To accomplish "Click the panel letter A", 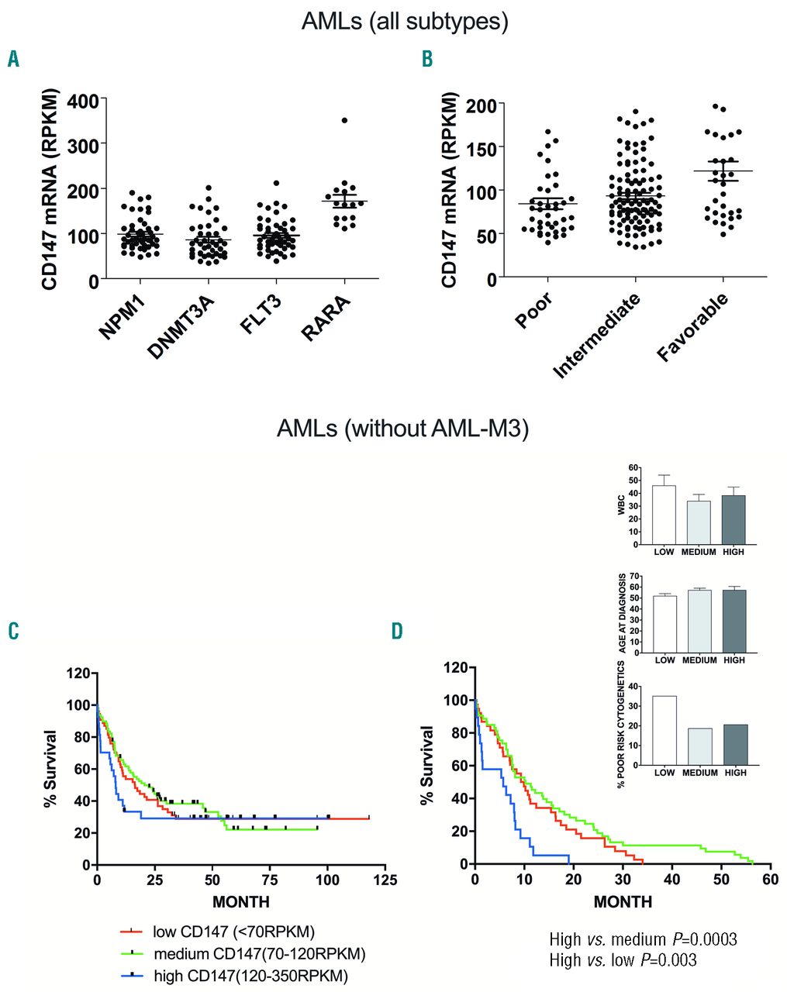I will pyautogui.click(x=13, y=59).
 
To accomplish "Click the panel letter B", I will pyautogui.click(x=427, y=59).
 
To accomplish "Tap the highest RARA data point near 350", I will pyautogui.click(x=344, y=120).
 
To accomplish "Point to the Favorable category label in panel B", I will pyautogui.click(x=692, y=328).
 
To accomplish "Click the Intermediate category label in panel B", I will pyautogui.click(x=597, y=335).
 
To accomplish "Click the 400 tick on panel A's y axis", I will pyautogui.click(x=83, y=99).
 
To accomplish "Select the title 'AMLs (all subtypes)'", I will pyautogui.click(x=405, y=21).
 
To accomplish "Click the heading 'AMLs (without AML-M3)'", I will pyautogui.click(x=402, y=428).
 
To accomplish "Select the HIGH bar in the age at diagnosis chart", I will pyautogui.click(x=733, y=621).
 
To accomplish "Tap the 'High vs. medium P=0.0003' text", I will pyautogui.click(x=643, y=939).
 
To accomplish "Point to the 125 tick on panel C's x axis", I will pyautogui.click(x=385, y=880).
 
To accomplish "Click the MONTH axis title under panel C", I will pyautogui.click(x=241, y=901).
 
